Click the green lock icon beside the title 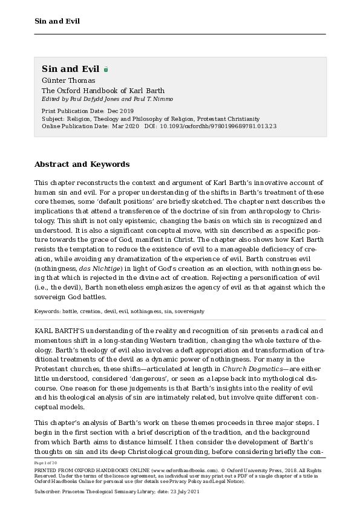pos(106,70)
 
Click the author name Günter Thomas pos(68,80)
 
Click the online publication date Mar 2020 pos(126,126)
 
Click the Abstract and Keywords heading pos(82,164)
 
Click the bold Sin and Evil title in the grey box pos(70,69)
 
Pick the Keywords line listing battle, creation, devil pos(119,311)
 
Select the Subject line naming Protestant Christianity pos(151,119)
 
